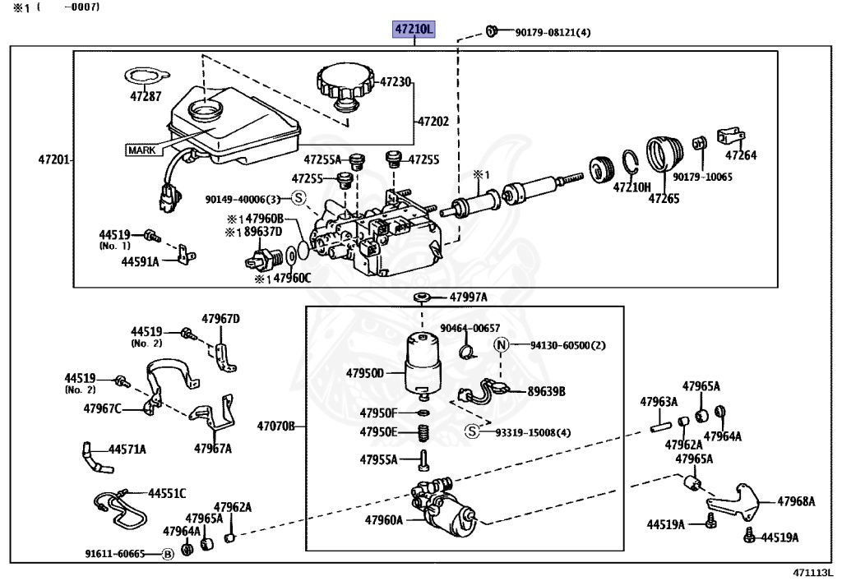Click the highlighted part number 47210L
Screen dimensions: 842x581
pos(414,29)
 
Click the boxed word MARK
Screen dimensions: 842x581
pos(141,150)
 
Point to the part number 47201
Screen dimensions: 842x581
pos(53,159)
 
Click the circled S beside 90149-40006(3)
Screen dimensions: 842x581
pos(298,198)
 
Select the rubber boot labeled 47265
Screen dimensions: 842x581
pos(664,154)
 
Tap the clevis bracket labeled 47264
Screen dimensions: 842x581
pos(730,136)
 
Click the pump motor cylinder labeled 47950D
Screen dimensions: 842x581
pos(423,364)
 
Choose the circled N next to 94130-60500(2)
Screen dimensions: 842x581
pos(501,345)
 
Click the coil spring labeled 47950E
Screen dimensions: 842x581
pos(423,432)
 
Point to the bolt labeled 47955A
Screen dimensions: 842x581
pos(423,459)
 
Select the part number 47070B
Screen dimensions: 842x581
pos(276,427)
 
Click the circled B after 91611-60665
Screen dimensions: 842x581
pos(168,554)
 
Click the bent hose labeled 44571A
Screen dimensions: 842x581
pos(95,458)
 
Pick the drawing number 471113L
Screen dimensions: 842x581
pos(812,572)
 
